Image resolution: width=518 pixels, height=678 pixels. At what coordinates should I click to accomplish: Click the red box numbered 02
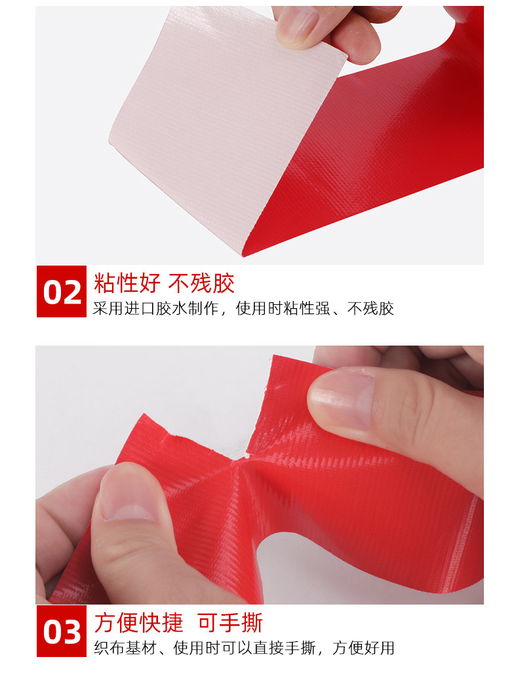point(62,291)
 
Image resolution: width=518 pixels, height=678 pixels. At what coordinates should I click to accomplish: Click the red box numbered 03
point(62,631)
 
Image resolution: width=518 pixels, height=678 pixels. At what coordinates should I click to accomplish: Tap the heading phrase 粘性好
point(127,284)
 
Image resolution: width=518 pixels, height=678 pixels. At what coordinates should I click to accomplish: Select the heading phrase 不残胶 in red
point(201,284)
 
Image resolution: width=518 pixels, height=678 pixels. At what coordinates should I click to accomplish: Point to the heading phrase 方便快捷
point(138,623)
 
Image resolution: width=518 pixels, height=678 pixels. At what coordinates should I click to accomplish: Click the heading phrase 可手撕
point(230,623)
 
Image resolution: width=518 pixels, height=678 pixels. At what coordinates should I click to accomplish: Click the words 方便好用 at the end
point(363,648)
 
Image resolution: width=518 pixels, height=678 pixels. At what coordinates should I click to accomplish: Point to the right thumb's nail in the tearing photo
point(342,400)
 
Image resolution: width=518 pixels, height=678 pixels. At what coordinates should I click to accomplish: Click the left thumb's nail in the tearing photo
point(125,493)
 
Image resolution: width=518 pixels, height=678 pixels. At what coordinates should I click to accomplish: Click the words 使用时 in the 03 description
point(197,648)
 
